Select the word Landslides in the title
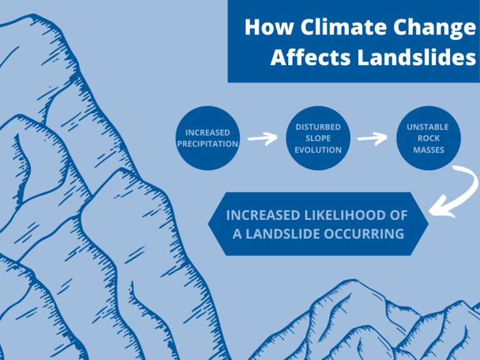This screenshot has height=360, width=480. (x=417, y=57)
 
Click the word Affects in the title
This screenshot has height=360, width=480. (x=311, y=57)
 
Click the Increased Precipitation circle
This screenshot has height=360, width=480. (x=207, y=138)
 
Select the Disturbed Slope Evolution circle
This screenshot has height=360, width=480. (x=318, y=138)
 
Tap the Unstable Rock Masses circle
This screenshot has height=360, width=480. (x=429, y=138)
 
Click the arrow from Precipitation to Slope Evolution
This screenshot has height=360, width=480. (x=262, y=139)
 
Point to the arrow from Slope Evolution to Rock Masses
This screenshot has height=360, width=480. (x=372, y=139)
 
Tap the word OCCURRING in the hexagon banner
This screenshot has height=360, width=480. (x=364, y=234)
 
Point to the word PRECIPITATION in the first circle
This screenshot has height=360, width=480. (x=207, y=144)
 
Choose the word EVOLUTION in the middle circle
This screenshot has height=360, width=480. (x=318, y=150)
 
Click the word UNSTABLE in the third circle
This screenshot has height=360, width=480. (x=427, y=127)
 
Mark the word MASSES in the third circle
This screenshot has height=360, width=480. (x=429, y=150)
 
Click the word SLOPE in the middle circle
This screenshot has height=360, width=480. (x=318, y=138)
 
